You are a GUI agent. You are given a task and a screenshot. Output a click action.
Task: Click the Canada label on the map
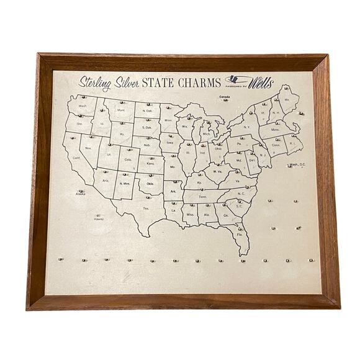tap(225, 97)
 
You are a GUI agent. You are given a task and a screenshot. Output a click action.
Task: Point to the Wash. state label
tap(82, 106)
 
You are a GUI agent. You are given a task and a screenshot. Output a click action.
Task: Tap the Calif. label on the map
tap(76, 158)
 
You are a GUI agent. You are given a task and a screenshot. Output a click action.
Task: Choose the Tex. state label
tap(146, 209)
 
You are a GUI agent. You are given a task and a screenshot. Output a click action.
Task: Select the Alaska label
tap(81, 194)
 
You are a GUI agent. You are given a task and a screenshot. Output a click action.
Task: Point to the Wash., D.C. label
tap(297, 164)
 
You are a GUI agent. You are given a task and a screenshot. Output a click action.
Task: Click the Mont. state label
tap(122, 110)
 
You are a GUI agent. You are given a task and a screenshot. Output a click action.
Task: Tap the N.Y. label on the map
tap(246, 127)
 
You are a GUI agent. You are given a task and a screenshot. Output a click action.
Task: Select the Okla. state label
tap(150, 184)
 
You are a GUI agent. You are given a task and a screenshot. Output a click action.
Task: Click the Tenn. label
tap(202, 197)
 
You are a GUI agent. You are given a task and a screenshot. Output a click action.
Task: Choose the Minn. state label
tap(168, 120)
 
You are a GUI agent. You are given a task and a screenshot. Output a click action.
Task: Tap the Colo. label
tap(128, 160)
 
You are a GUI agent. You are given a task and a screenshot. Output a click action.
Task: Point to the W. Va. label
tap(218, 171)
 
